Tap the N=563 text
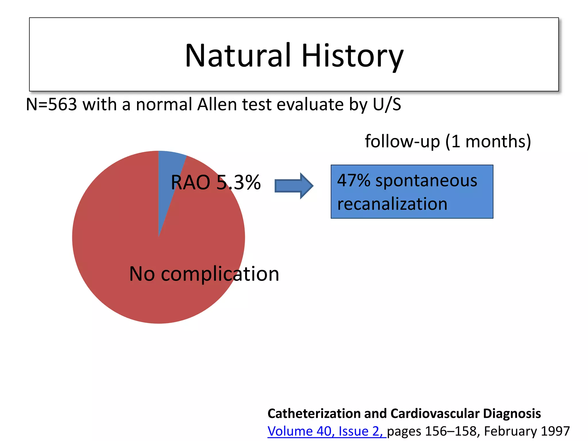(51, 105)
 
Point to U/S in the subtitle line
(387, 105)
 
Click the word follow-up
(402, 142)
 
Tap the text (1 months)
(488, 142)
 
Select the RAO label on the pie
(190, 183)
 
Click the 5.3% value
(238, 183)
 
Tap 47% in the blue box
(353, 181)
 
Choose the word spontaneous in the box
(426, 181)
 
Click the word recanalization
(392, 204)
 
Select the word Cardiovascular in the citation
(435, 414)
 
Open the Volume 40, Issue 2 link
(326, 431)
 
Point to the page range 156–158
(450, 431)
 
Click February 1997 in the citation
(527, 431)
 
